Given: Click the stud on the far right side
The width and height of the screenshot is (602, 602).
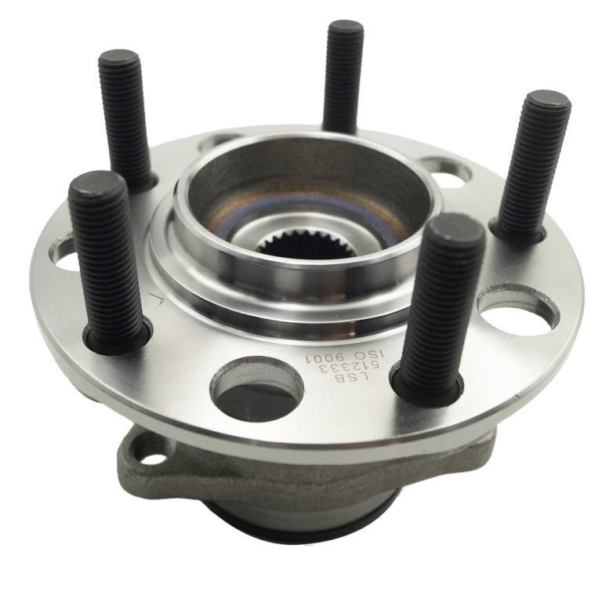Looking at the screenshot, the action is pos(534,166).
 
